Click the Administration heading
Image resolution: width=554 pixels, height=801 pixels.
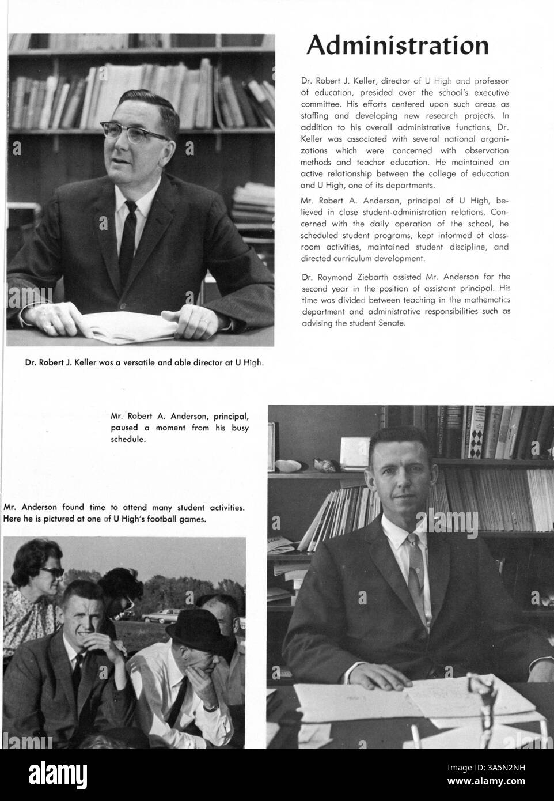tap(397, 46)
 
